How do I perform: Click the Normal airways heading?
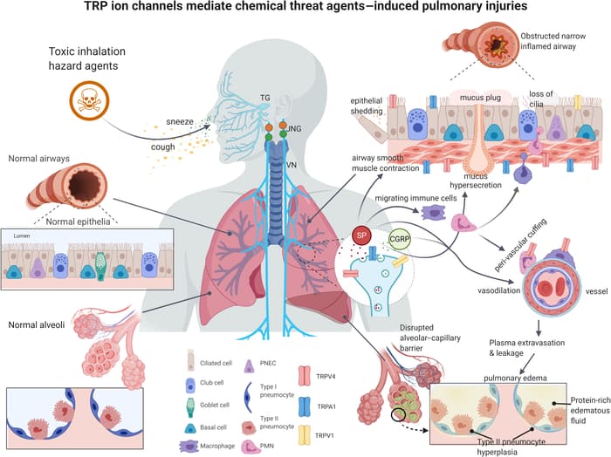(x=39, y=159)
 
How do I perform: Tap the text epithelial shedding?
(x=373, y=105)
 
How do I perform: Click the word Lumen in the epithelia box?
(x=24, y=235)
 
